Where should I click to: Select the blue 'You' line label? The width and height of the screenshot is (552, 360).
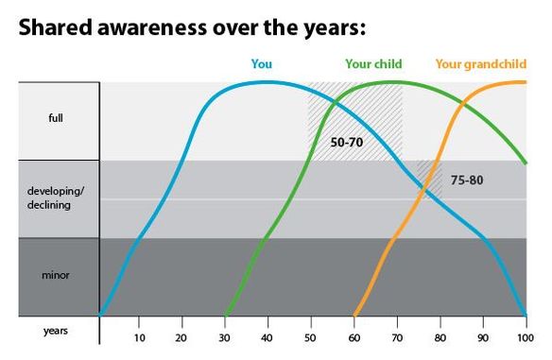click(262, 65)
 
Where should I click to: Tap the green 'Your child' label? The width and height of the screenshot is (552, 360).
click(373, 65)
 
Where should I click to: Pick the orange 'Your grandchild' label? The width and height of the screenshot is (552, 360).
click(480, 65)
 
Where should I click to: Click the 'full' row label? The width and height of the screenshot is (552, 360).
click(58, 121)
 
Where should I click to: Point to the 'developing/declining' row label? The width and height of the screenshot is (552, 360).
click(58, 198)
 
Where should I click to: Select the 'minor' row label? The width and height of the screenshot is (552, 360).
click(58, 277)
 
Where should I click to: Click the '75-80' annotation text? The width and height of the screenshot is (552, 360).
click(467, 179)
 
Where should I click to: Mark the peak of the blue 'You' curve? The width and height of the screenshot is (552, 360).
click(265, 81)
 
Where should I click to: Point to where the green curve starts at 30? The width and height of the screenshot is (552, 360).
click(226, 315)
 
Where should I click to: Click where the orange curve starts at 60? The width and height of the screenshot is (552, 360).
click(354, 315)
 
